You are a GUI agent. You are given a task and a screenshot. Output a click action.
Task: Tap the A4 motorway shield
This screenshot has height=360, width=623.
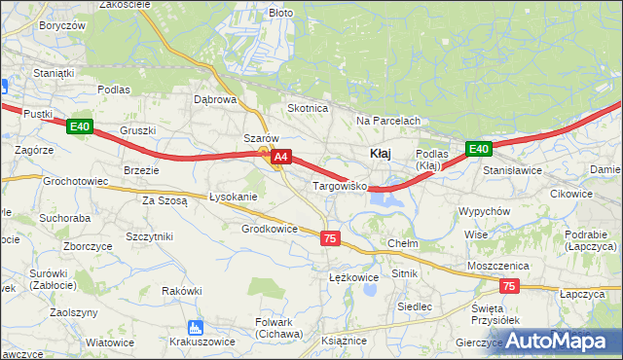pos(280,156)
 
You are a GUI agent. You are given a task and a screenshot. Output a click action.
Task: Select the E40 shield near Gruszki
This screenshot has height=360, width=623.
pos(80,126)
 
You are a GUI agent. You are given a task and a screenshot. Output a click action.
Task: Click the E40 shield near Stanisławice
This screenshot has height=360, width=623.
pos(477,149)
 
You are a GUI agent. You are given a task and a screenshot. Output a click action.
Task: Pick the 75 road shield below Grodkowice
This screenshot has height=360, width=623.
pos(330,238)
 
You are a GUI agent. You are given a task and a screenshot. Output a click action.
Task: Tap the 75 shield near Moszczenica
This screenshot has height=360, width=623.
pos(509,286)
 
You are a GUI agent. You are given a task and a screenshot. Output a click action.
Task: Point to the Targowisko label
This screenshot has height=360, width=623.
pos(338,185)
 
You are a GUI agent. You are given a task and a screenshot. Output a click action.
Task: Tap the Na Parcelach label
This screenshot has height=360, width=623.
pos(387,121)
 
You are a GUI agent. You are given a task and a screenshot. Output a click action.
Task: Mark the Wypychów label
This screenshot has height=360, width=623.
pos(484,211)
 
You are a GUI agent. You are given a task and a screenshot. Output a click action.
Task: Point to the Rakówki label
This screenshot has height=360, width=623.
pos(182,290)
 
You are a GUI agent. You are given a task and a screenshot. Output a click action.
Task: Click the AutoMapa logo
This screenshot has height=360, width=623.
pos(553,341)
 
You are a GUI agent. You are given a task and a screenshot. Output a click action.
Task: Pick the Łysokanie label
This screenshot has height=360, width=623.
pos(234,197)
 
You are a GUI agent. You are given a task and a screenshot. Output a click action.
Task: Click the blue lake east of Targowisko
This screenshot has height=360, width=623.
pos(387,199)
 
